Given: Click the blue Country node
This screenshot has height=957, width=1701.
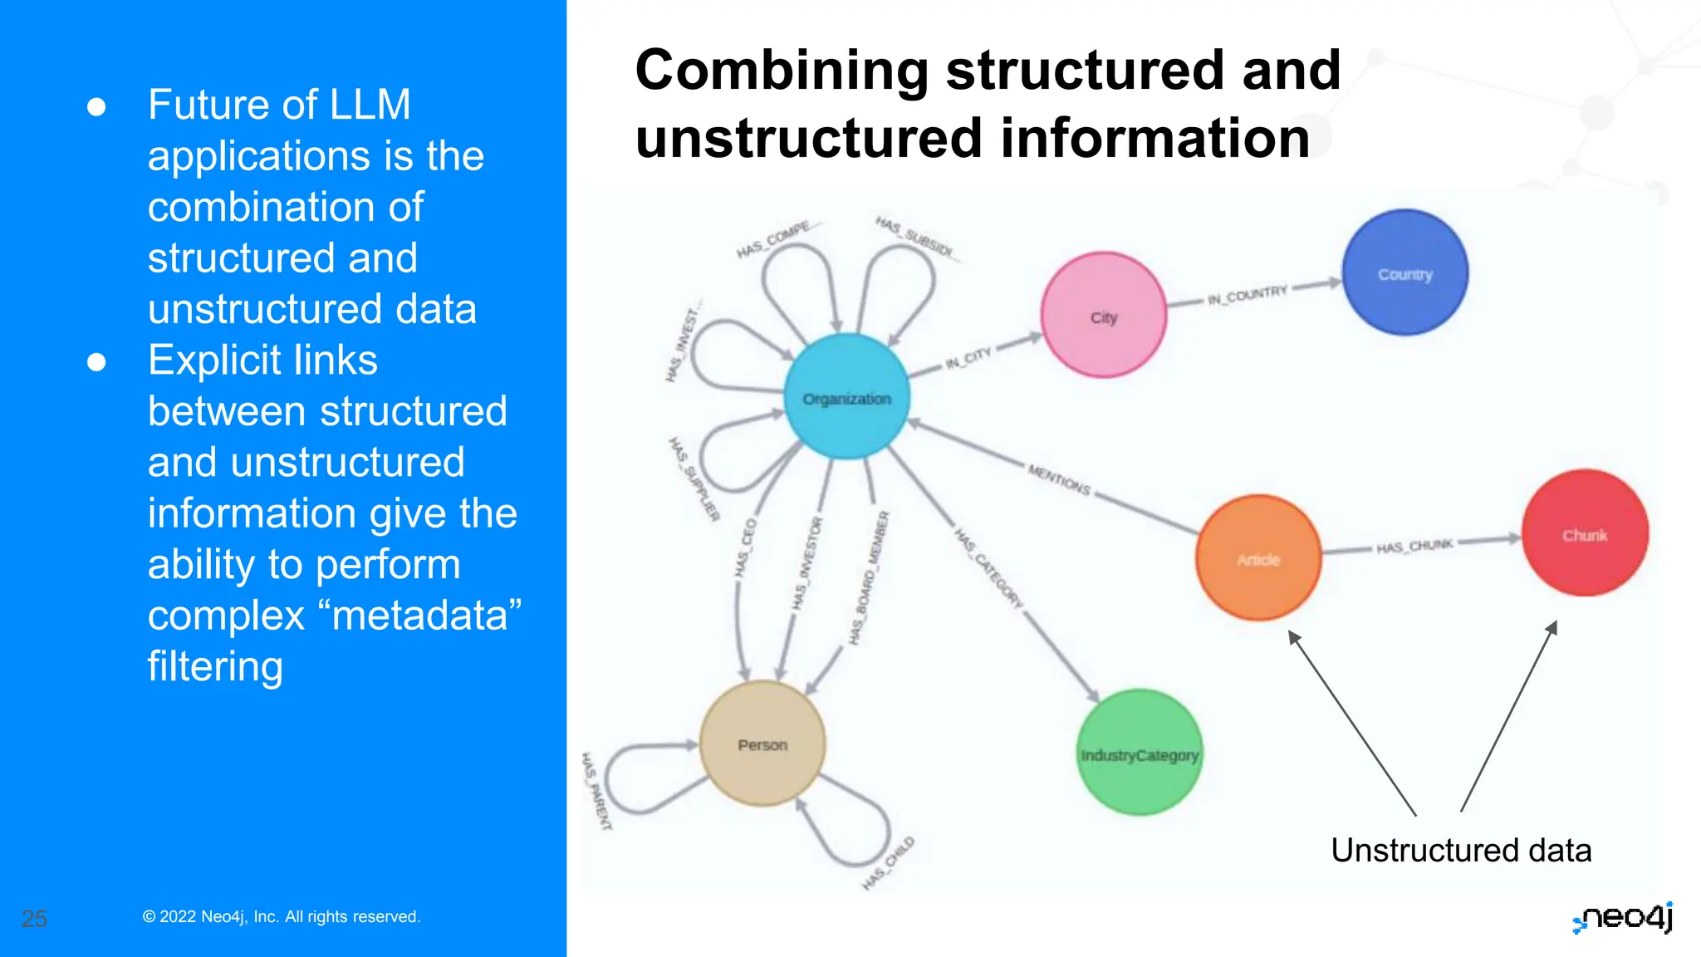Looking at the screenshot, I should click(1404, 272).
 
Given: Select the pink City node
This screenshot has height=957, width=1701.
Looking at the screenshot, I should click(1104, 316).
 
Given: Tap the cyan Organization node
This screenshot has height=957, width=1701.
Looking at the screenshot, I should click(846, 397).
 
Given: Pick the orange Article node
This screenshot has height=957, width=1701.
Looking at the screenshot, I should click(1258, 558).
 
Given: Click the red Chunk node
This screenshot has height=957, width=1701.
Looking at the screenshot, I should click(1585, 533).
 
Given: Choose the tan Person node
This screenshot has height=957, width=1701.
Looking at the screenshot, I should click(762, 744).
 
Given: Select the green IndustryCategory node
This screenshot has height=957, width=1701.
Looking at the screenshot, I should click(1140, 753).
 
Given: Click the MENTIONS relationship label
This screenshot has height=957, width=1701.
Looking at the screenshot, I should click(1059, 479).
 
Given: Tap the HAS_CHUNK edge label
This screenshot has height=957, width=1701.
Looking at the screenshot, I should click(1414, 546).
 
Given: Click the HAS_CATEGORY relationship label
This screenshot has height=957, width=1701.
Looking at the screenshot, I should click(988, 567).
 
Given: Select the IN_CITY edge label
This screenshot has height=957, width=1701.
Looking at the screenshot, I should click(968, 358).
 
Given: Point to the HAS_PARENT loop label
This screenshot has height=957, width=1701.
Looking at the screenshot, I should click(596, 791).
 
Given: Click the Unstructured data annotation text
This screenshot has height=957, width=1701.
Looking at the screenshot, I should click(1460, 850).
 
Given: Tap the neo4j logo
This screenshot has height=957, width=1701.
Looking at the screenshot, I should click(1623, 918).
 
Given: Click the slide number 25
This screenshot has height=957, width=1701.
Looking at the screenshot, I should click(34, 919).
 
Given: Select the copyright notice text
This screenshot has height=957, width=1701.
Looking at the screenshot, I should click(282, 916).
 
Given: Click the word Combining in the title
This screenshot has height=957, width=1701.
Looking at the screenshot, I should click(781, 71).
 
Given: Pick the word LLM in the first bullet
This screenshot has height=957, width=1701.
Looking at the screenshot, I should click(370, 105).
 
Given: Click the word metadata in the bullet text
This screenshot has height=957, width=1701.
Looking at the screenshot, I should click(420, 616).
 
